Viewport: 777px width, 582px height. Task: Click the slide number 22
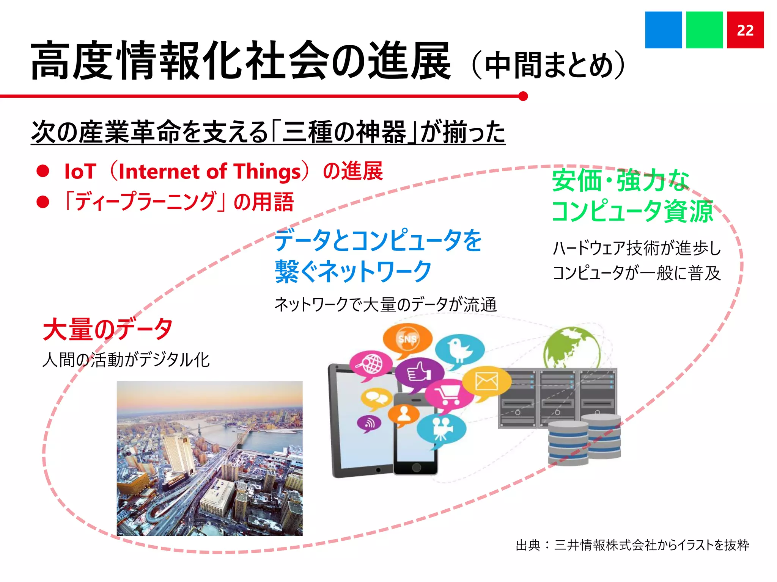point(745,30)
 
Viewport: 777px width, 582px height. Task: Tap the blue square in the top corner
point(663,30)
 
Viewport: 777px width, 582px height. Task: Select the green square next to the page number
point(704,30)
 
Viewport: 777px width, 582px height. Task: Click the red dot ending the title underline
point(523,96)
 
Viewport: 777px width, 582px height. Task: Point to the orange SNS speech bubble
point(407,338)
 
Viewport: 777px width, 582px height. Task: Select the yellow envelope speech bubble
point(486,381)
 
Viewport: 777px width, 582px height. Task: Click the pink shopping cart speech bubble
point(449,395)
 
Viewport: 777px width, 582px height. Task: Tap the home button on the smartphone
point(416,468)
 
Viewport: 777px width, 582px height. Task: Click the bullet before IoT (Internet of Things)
point(43,171)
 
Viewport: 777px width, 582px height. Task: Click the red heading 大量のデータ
point(108,329)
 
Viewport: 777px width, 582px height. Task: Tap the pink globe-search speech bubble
point(370,365)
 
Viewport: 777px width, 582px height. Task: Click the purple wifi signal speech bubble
point(369,423)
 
